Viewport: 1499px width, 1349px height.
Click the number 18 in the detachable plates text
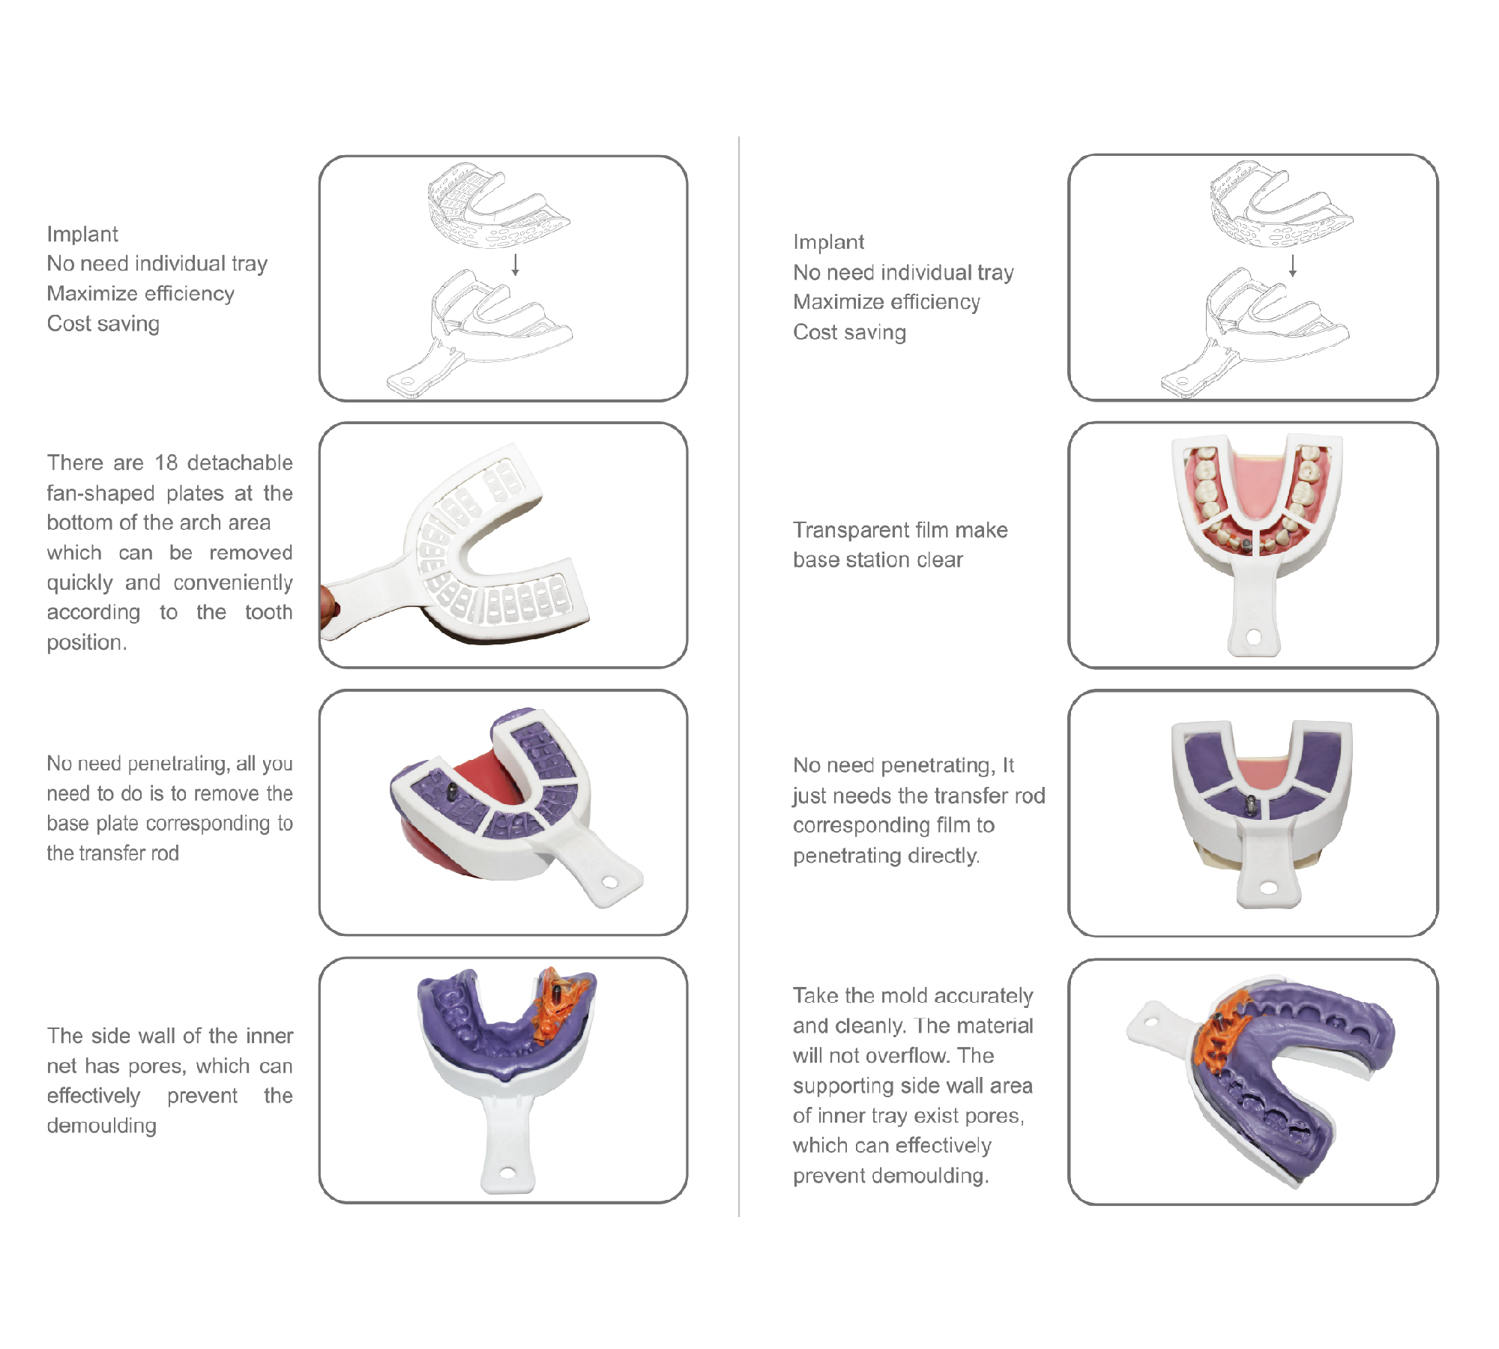click(x=166, y=462)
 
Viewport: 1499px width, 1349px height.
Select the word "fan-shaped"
click(x=100, y=493)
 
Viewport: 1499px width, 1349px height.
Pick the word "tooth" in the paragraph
click(x=268, y=612)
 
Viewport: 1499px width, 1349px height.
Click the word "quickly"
click(x=79, y=584)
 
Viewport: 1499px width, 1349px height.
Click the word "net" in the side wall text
click(x=62, y=1066)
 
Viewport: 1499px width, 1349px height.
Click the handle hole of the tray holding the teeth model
click(x=1253, y=637)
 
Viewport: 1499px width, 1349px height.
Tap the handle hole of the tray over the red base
click(x=610, y=882)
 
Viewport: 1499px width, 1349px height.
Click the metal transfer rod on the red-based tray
click(x=452, y=790)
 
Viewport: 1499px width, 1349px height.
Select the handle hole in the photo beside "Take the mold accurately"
click(x=1152, y=1021)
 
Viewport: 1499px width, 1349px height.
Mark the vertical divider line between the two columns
click(x=739, y=677)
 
